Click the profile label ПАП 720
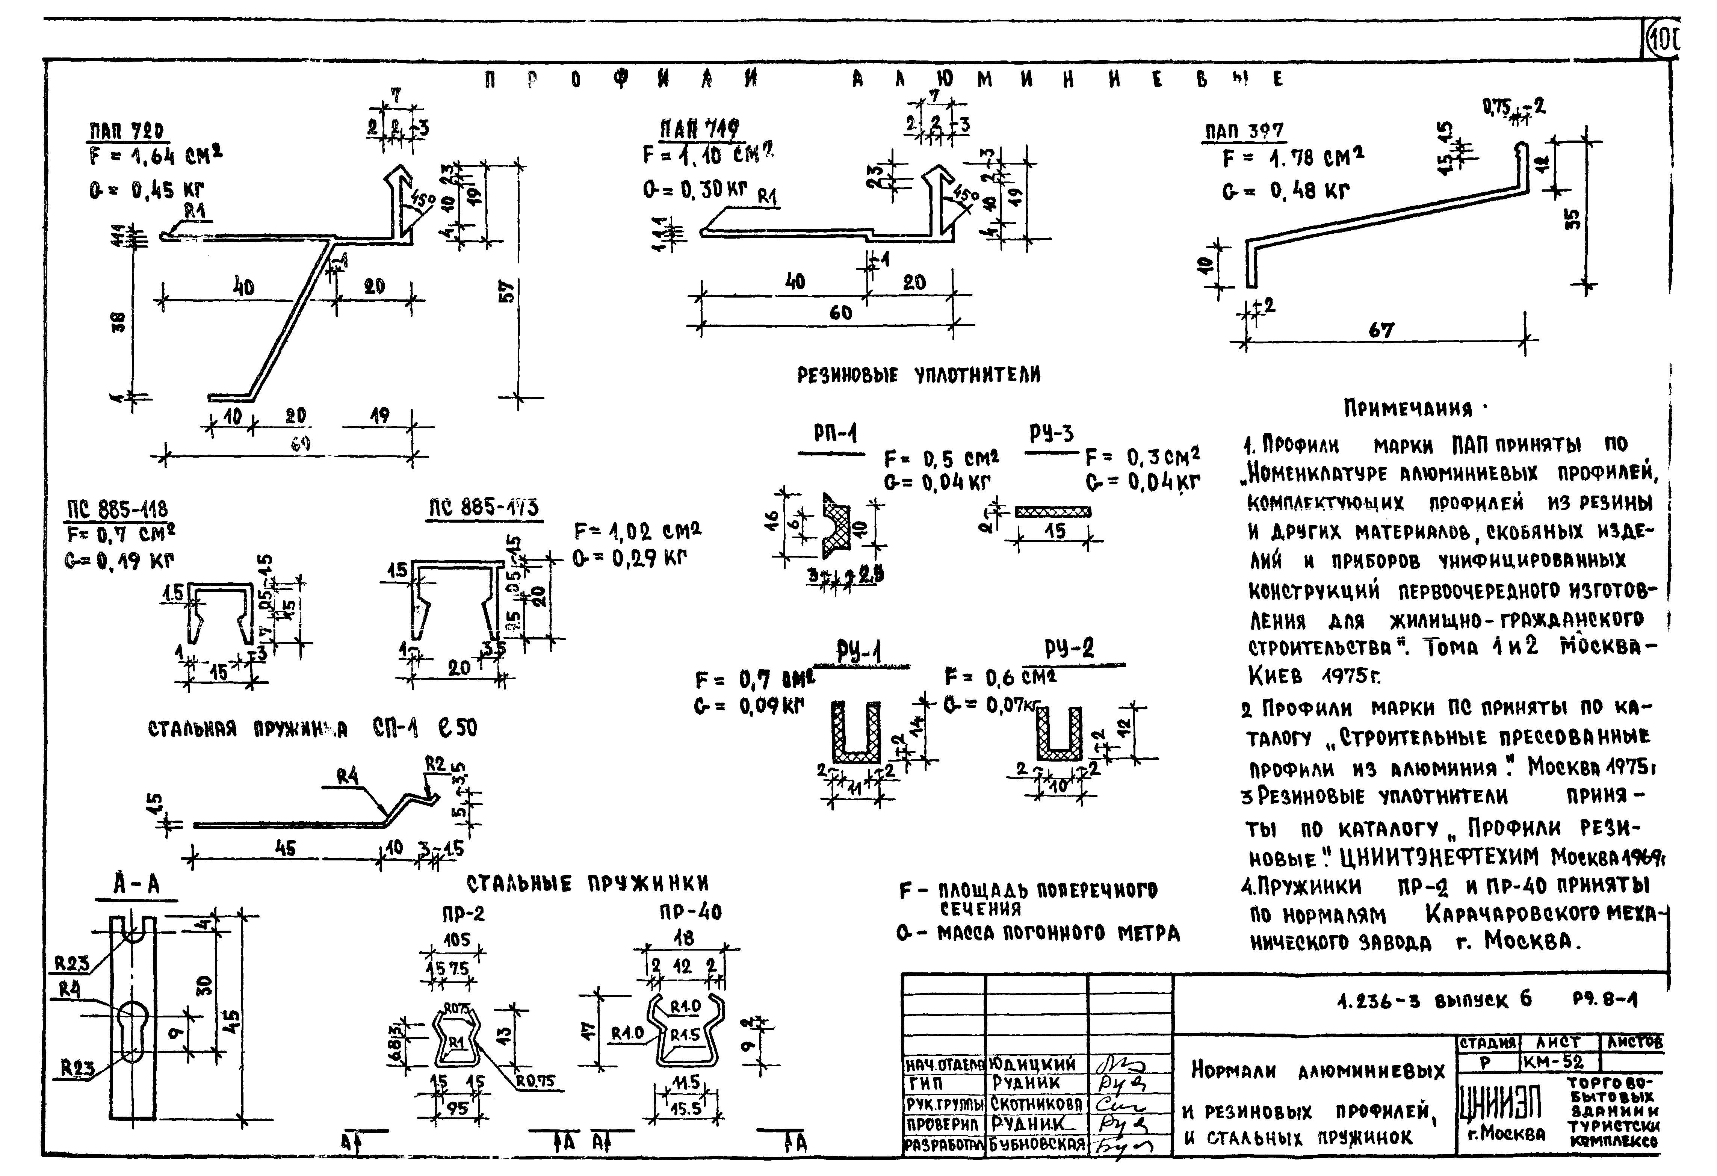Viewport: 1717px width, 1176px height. tap(126, 131)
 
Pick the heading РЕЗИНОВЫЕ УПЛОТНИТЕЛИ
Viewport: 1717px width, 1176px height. tap(918, 375)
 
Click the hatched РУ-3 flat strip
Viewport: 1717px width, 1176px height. tap(1053, 511)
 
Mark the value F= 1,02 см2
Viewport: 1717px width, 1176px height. tap(637, 531)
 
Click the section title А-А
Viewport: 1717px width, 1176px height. tap(136, 884)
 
